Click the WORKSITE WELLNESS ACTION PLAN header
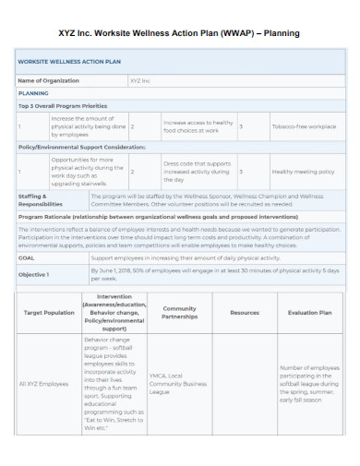click(69, 63)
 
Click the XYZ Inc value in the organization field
click(139, 80)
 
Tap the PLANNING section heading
click(34, 93)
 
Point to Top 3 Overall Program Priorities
click(64, 106)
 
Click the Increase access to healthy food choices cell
click(198, 126)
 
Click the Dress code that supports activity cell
click(197, 172)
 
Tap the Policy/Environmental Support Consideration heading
click(81, 147)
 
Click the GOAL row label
click(27, 258)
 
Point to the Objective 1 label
click(34, 274)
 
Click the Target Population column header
click(48, 313)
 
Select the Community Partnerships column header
click(179, 313)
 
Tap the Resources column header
click(245, 313)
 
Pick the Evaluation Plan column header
click(309, 313)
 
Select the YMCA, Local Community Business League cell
click(179, 382)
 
